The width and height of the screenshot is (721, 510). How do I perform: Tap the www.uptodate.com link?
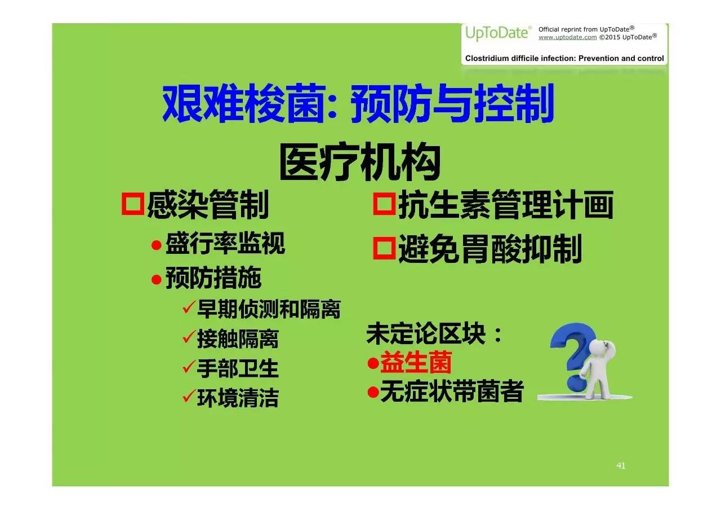[567, 37]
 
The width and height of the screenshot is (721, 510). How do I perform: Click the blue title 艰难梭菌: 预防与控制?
[358, 103]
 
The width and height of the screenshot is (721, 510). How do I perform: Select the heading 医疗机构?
[360, 161]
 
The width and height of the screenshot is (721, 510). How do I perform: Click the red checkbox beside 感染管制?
[132, 204]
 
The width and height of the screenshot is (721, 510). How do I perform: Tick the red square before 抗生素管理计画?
[384, 204]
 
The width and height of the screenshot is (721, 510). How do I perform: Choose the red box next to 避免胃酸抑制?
[384, 248]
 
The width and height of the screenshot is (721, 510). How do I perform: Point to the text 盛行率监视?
[225, 243]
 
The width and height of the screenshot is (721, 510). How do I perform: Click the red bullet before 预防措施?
[157, 279]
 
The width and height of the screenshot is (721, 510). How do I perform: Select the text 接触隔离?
[238, 339]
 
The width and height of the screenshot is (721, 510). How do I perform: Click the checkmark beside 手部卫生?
[189, 366]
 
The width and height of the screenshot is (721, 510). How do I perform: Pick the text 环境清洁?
[238, 398]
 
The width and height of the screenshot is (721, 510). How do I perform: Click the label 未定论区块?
[426, 333]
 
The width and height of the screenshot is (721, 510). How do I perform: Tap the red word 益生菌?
[416, 363]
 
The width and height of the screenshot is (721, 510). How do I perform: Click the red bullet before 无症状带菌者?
[373, 392]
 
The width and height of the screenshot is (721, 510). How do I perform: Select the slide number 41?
[621, 465]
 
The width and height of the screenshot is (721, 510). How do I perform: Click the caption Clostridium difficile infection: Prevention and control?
[564, 58]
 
